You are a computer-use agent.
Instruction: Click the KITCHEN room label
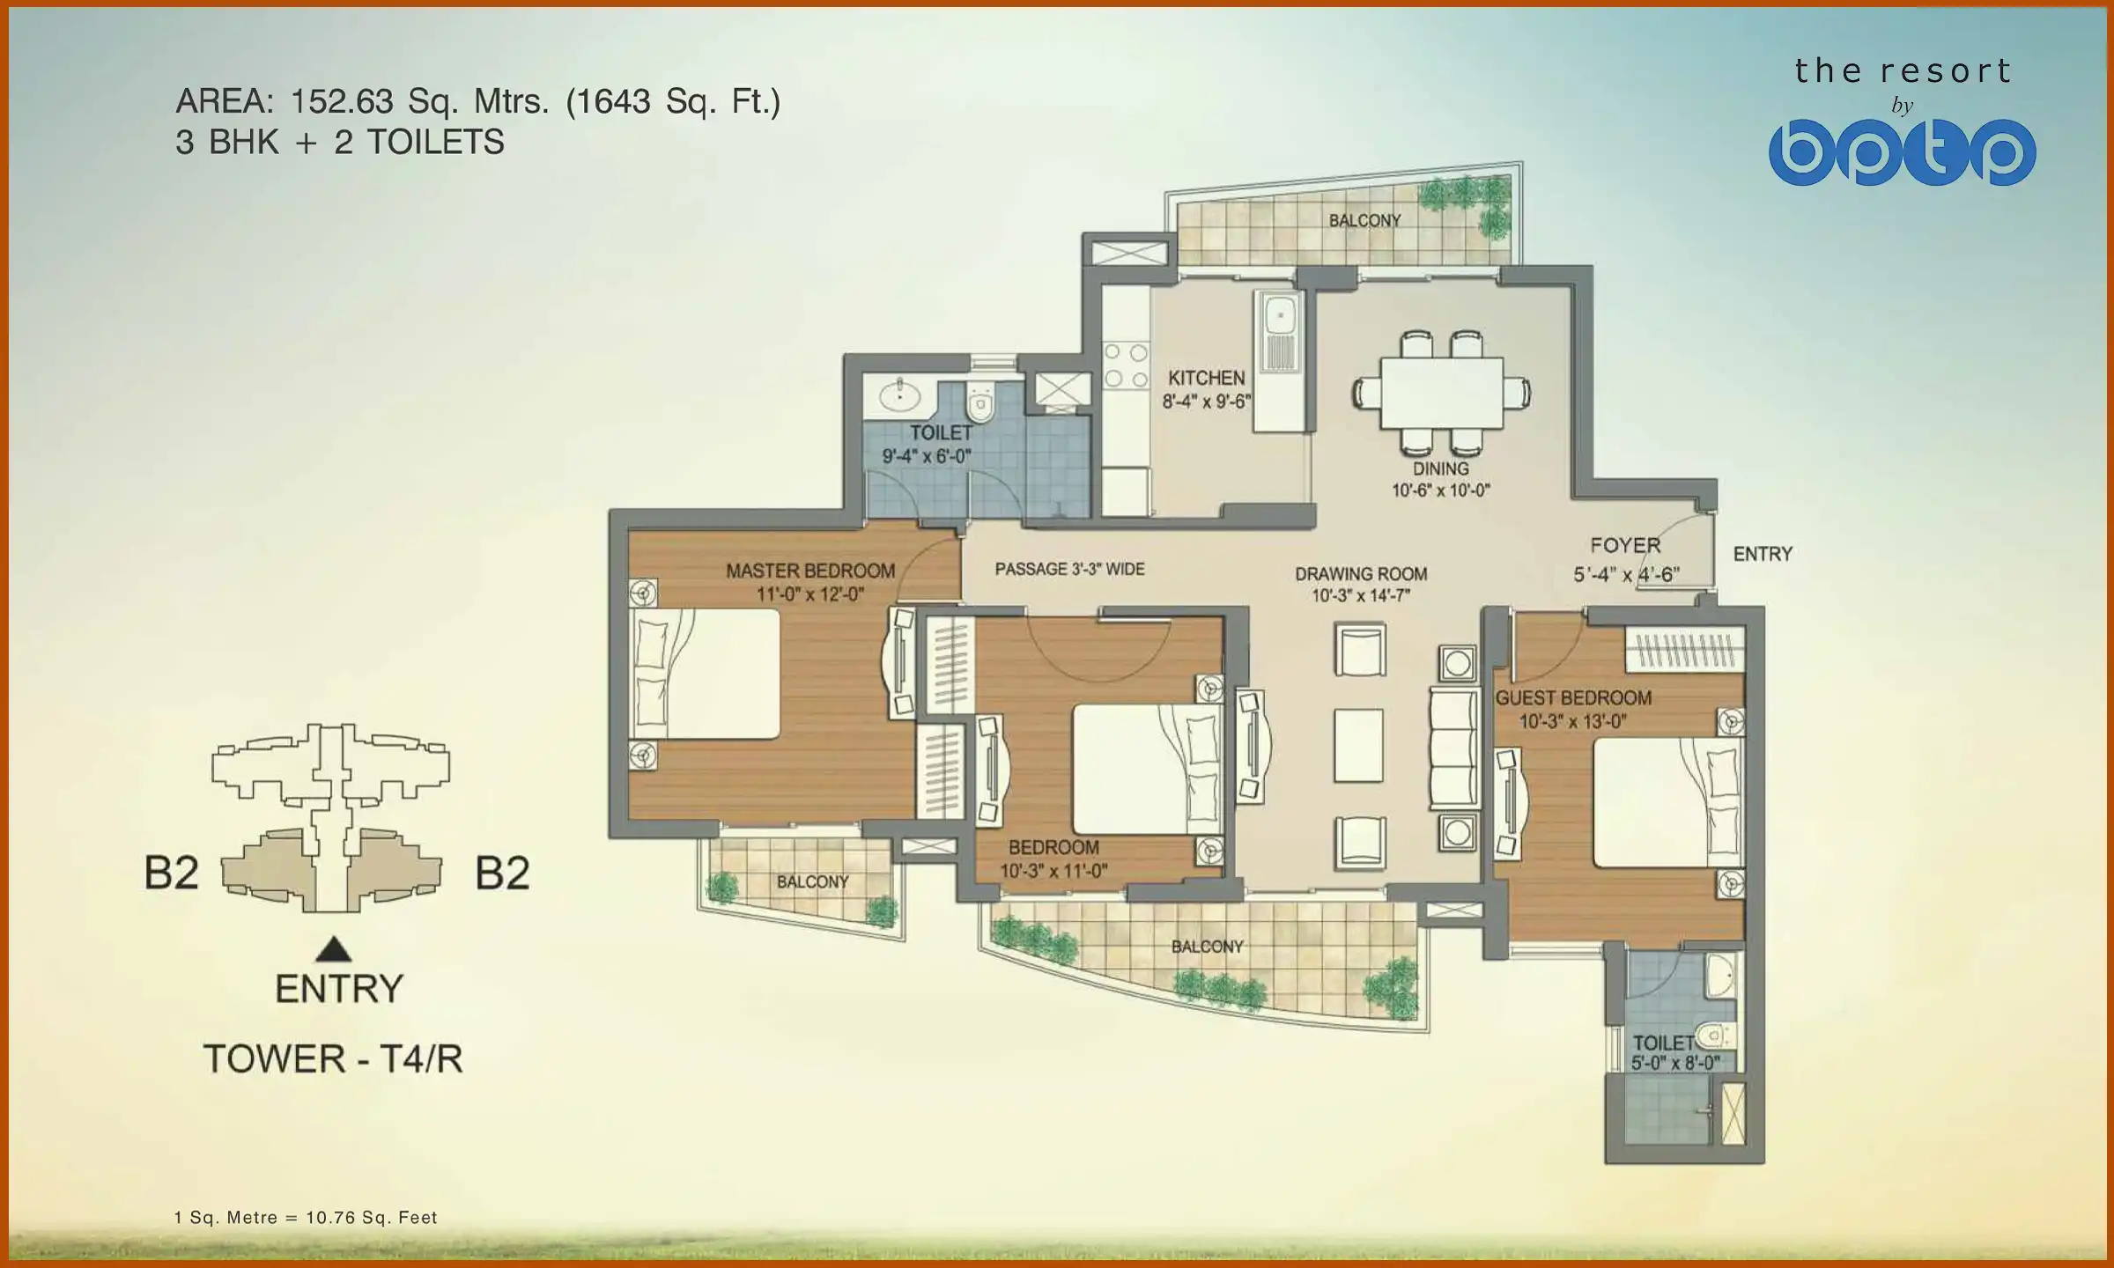point(1206,379)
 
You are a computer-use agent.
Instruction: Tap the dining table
point(1441,392)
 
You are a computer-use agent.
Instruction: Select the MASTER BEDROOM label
point(809,571)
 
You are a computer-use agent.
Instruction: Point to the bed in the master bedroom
point(705,674)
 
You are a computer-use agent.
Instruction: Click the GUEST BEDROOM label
point(1573,698)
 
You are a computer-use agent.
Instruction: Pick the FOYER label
point(1625,546)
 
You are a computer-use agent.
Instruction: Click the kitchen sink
point(1278,313)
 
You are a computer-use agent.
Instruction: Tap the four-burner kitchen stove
point(1126,365)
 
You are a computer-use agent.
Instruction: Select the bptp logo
point(1902,152)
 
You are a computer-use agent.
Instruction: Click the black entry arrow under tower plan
point(334,949)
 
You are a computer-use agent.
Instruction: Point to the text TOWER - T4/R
point(333,1058)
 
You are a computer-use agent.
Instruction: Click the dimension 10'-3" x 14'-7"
point(1361,596)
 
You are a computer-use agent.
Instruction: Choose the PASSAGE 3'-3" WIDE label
point(1069,570)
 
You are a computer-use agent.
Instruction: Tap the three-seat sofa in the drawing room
point(1452,748)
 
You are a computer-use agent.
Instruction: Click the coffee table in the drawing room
point(1358,745)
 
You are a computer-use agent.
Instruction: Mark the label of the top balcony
point(1364,220)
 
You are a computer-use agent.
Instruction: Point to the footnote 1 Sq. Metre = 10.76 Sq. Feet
point(306,1218)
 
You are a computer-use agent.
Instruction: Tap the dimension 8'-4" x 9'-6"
point(1206,402)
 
